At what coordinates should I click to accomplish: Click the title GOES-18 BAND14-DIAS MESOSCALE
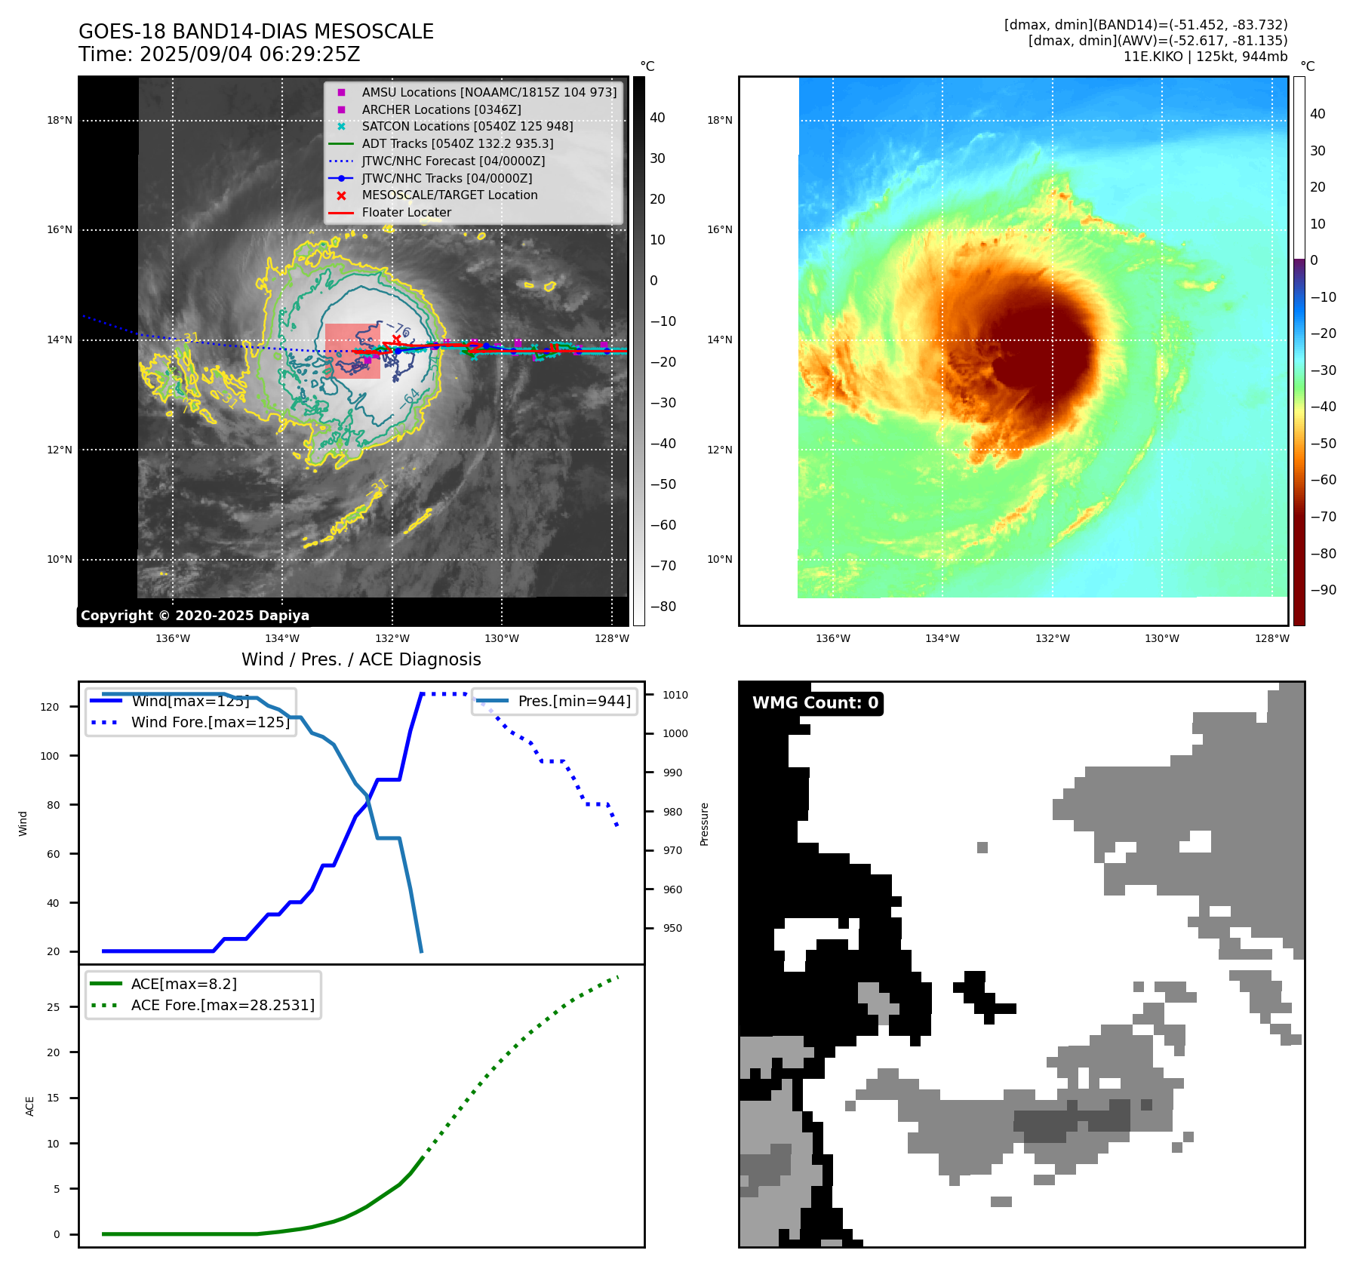coord(256,32)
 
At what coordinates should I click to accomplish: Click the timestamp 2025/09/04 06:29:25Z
coord(250,54)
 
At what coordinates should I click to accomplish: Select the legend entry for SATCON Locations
coord(467,127)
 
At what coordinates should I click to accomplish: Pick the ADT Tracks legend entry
coord(457,143)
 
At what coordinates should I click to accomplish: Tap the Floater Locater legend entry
coord(406,213)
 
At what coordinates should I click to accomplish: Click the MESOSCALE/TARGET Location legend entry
coord(449,195)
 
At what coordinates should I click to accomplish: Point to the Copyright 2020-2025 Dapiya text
coord(195,616)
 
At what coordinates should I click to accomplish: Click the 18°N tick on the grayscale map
coord(60,121)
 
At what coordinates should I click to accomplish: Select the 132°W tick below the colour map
coord(1052,638)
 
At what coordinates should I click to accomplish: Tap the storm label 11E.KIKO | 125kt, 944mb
coord(1205,57)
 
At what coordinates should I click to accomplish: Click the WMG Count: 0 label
coord(815,703)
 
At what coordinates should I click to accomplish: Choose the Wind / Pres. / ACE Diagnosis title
coord(361,659)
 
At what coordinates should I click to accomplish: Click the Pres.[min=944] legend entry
coord(573,701)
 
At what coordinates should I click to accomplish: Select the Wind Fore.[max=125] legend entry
coord(210,722)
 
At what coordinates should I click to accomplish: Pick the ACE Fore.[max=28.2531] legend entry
coord(223,1005)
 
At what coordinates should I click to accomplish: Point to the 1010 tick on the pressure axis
coord(675,695)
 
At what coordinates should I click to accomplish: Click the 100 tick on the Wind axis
coord(50,756)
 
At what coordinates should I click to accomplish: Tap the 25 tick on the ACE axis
coord(53,1007)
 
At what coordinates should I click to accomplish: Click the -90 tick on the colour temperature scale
coord(1323,590)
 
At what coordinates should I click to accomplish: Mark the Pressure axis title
coord(704,824)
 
